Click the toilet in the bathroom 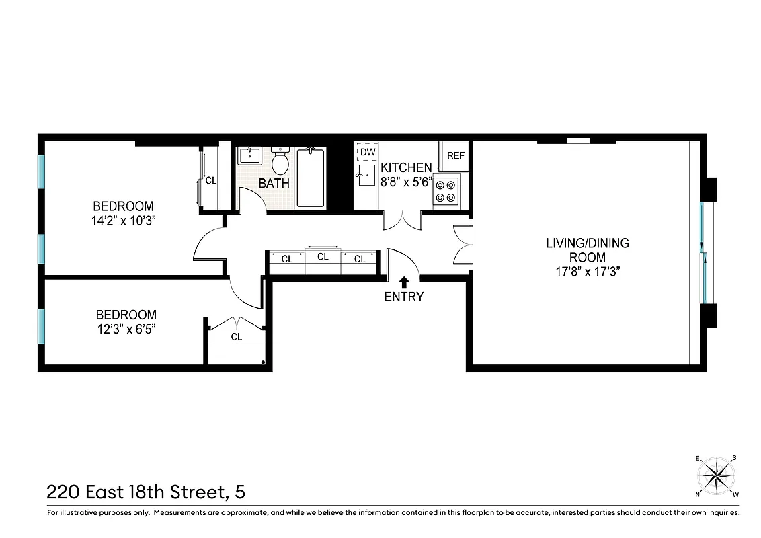pos(280,161)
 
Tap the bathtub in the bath pos(310,178)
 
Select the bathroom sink pos(249,155)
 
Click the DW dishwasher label pos(367,152)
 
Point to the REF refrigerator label pos(456,155)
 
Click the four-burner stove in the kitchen pos(446,189)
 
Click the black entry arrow pos(404,281)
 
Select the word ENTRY pos(404,297)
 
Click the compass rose pos(717,476)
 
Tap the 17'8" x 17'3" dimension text pos(587,272)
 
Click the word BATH pos(274,182)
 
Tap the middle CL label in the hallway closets pos(323,257)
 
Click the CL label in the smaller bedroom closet pos(236,337)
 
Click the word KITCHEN pos(406,167)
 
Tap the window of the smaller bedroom pos(42,325)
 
